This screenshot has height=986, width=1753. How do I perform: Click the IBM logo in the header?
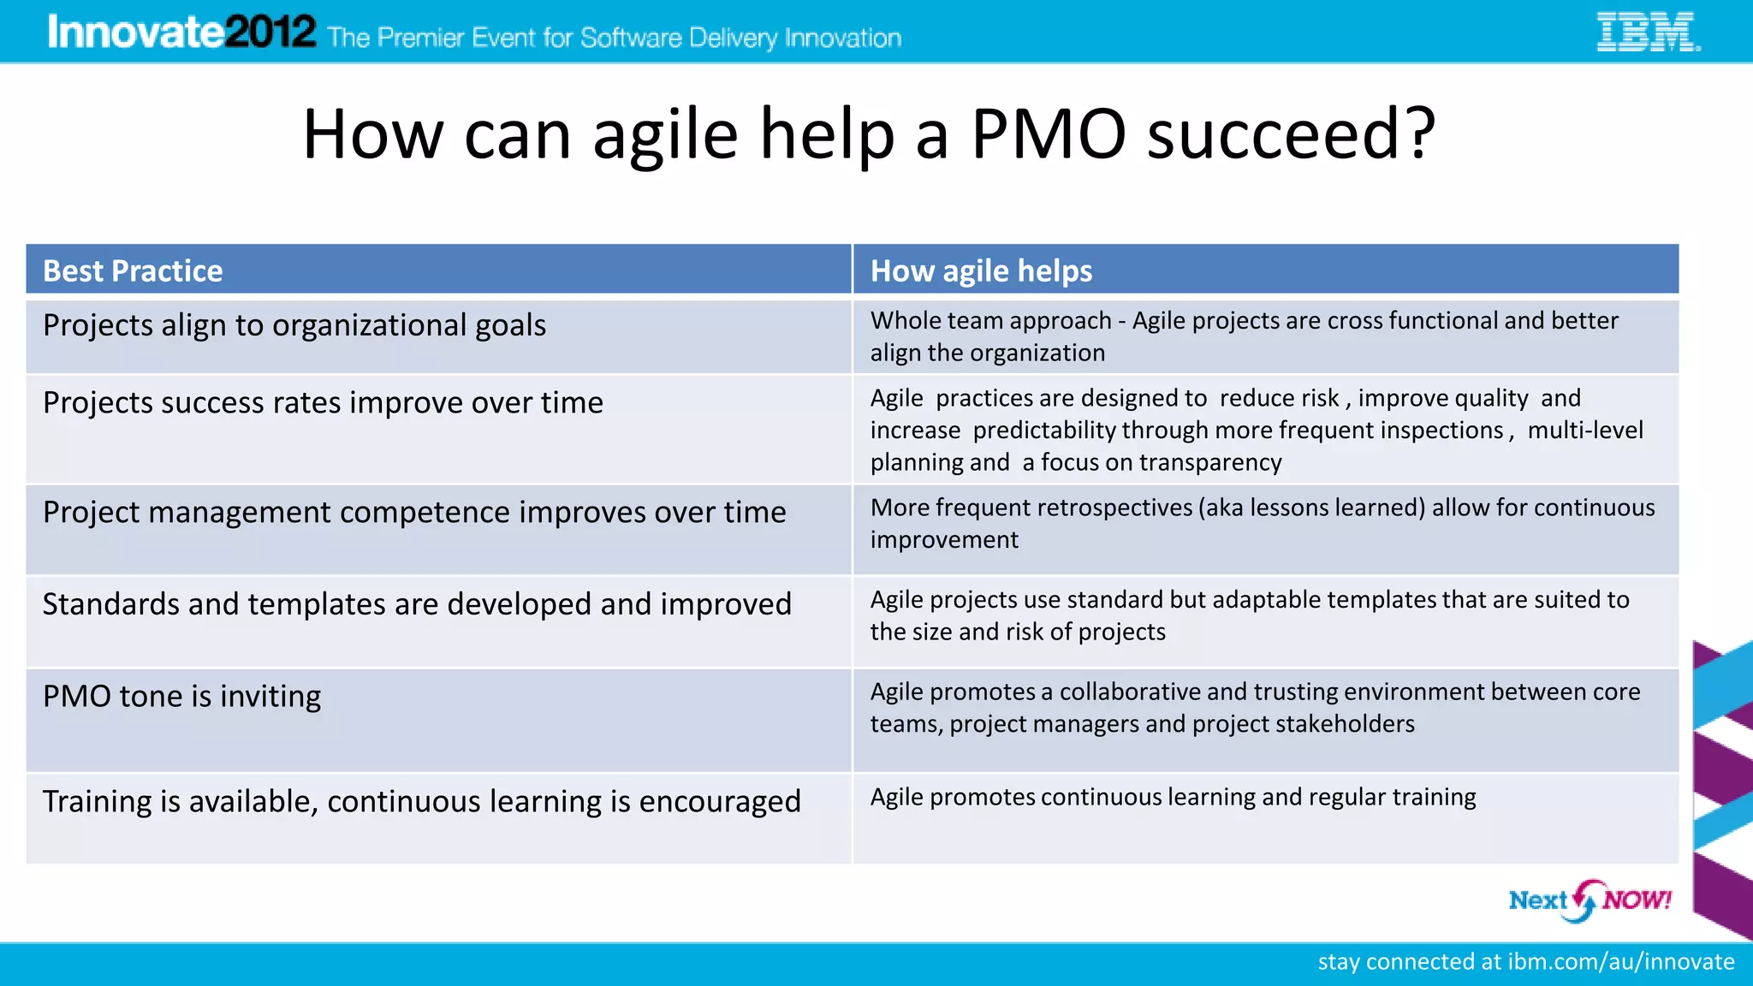click(1648, 32)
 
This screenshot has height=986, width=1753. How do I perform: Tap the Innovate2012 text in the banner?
click(181, 33)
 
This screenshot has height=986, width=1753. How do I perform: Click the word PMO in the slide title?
click(1048, 134)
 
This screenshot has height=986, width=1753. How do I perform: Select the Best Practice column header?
click(133, 270)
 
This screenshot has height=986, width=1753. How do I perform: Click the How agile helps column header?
click(981, 270)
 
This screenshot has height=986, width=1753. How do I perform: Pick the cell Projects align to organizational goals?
click(294, 326)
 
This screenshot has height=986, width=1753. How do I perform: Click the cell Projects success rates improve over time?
click(323, 402)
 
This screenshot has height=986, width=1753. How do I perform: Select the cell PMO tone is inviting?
click(181, 697)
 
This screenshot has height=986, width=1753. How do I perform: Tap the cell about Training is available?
click(421, 802)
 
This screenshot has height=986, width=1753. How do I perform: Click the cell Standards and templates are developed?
click(417, 604)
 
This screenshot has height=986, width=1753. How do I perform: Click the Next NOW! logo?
click(1589, 900)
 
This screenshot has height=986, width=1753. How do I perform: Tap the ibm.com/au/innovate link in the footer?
click(1620, 962)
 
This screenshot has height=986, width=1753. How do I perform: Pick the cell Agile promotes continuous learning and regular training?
click(1173, 798)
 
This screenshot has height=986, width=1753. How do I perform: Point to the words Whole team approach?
click(990, 321)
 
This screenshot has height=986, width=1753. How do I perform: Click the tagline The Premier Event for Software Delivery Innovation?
click(614, 38)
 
